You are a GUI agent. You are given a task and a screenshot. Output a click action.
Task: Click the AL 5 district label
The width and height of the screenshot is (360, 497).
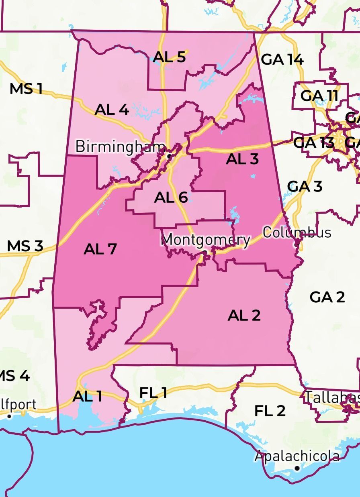pyautogui.click(x=169, y=57)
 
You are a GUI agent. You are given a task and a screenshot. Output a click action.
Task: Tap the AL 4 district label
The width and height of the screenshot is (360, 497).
pyautogui.click(x=112, y=109)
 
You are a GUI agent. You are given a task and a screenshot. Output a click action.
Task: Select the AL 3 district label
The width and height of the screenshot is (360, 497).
pyautogui.click(x=242, y=159)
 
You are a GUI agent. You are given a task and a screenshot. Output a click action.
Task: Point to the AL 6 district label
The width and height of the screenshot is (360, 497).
pyautogui.click(x=171, y=197)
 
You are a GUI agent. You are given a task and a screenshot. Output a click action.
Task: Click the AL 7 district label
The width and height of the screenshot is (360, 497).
pyautogui.click(x=100, y=249)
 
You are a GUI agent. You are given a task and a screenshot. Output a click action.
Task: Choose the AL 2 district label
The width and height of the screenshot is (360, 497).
pyautogui.click(x=244, y=316)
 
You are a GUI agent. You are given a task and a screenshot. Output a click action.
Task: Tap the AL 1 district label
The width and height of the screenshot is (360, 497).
pyautogui.click(x=87, y=397)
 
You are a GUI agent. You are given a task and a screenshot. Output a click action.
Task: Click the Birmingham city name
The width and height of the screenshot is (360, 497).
pyautogui.click(x=120, y=147)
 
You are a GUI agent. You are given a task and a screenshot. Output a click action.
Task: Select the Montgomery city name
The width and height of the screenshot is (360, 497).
pyautogui.click(x=205, y=240)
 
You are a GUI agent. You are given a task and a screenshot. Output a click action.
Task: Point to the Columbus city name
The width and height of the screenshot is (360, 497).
pyautogui.click(x=297, y=232)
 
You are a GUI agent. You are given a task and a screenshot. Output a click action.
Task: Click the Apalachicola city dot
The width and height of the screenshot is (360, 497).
pyautogui.click(x=297, y=468)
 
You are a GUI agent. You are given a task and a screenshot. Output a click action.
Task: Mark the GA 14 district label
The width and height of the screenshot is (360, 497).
pyautogui.click(x=282, y=60)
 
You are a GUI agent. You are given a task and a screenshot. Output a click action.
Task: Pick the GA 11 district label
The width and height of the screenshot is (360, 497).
pyautogui.click(x=319, y=96)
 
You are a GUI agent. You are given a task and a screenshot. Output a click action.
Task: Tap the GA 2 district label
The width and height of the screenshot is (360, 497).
pyautogui.click(x=327, y=297)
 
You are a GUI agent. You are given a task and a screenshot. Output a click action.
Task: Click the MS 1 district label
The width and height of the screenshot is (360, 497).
pyautogui.click(x=26, y=89)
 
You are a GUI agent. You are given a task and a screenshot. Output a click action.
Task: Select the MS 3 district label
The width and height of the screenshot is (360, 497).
pyautogui.click(x=25, y=246)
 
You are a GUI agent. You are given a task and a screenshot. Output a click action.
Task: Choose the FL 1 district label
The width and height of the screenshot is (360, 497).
pyautogui.click(x=153, y=393)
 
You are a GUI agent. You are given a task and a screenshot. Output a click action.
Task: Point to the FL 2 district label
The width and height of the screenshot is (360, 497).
pyautogui.click(x=270, y=411)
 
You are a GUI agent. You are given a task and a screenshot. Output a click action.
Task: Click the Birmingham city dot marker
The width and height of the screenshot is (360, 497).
pyautogui.click(x=170, y=155)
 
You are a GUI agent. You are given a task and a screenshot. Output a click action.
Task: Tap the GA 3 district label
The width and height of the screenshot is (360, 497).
pyautogui.click(x=305, y=187)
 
